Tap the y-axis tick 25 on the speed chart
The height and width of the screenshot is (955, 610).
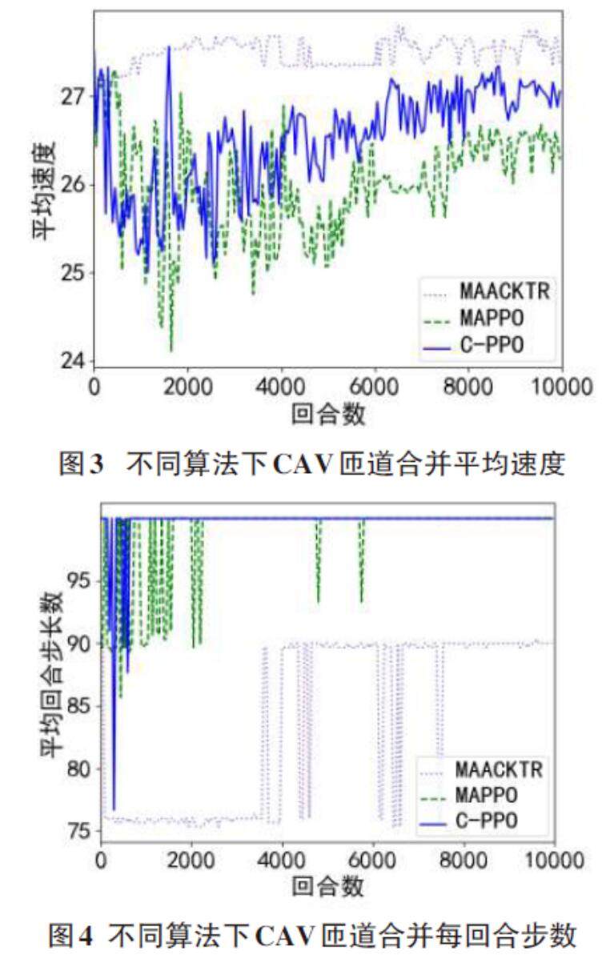[x=74, y=273]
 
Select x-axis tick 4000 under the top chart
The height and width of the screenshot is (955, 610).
[x=281, y=386]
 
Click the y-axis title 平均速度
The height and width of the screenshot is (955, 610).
[x=43, y=190]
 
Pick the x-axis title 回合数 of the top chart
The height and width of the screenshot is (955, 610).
[x=328, y=414]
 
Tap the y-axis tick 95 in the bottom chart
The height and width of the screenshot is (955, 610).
[x=82, y=580]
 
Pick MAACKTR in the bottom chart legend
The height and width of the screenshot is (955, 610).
[x=499, y=770]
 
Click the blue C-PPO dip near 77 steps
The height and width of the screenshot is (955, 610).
[x=114, y=809]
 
